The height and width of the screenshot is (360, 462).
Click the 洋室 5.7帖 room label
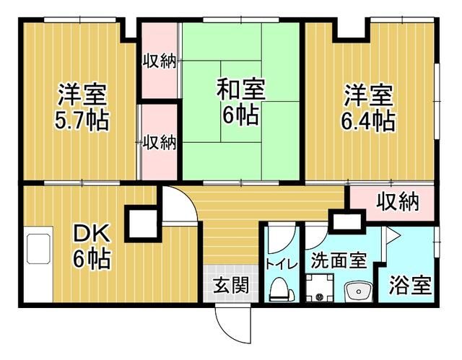[x=82, y=107]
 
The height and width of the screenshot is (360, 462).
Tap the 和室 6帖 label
[x=240, y=101]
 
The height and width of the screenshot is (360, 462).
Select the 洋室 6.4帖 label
[x=368, y=107]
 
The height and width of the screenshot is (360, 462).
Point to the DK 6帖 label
[x=92, y=246]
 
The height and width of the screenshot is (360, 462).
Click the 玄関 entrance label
[x=231, y=285]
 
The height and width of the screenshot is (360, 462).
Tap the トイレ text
[x=281, y=264]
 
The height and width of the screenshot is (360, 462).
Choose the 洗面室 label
[x=339, y=260]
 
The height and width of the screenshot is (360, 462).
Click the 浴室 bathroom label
[x=410, y=285]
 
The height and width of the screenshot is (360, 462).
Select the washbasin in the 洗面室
[x=358, y=291]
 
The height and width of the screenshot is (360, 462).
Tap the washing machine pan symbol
[x=319, y=288]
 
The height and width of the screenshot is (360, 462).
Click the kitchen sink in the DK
[x=38, y=249]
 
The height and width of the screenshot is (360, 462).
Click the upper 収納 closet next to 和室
[x=160, y=61]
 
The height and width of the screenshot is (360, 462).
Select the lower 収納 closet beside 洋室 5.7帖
[x=160, y=142]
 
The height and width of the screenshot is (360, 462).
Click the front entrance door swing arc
[x=232, y=325]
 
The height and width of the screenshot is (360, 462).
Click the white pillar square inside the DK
[x=143, y=224]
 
